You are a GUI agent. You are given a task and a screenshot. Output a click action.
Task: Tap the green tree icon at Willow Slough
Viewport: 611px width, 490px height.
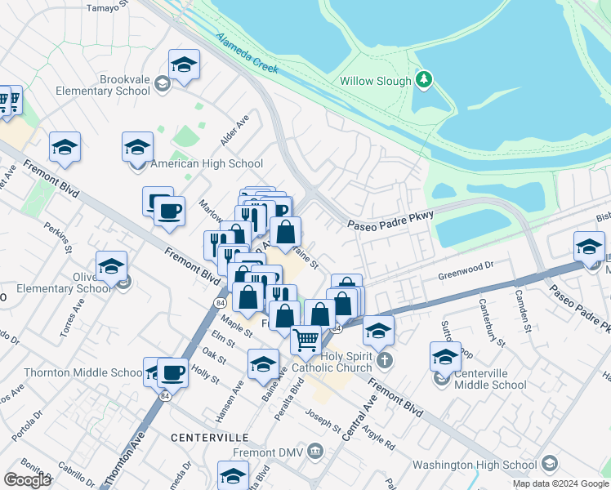click(x=423, y=80)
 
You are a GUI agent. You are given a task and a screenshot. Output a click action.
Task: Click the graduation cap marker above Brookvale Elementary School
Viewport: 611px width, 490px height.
click(x=184, y=65)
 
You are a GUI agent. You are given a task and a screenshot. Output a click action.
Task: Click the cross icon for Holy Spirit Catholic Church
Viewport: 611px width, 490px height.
click(x=385, y=359)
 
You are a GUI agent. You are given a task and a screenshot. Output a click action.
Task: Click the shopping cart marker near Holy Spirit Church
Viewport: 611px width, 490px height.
click(x=306, y=338)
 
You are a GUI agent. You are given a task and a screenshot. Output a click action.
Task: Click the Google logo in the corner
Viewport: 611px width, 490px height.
click(x=27, y=479)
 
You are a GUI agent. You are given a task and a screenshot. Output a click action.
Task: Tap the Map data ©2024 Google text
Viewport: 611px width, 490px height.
click(x=560, y=483)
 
